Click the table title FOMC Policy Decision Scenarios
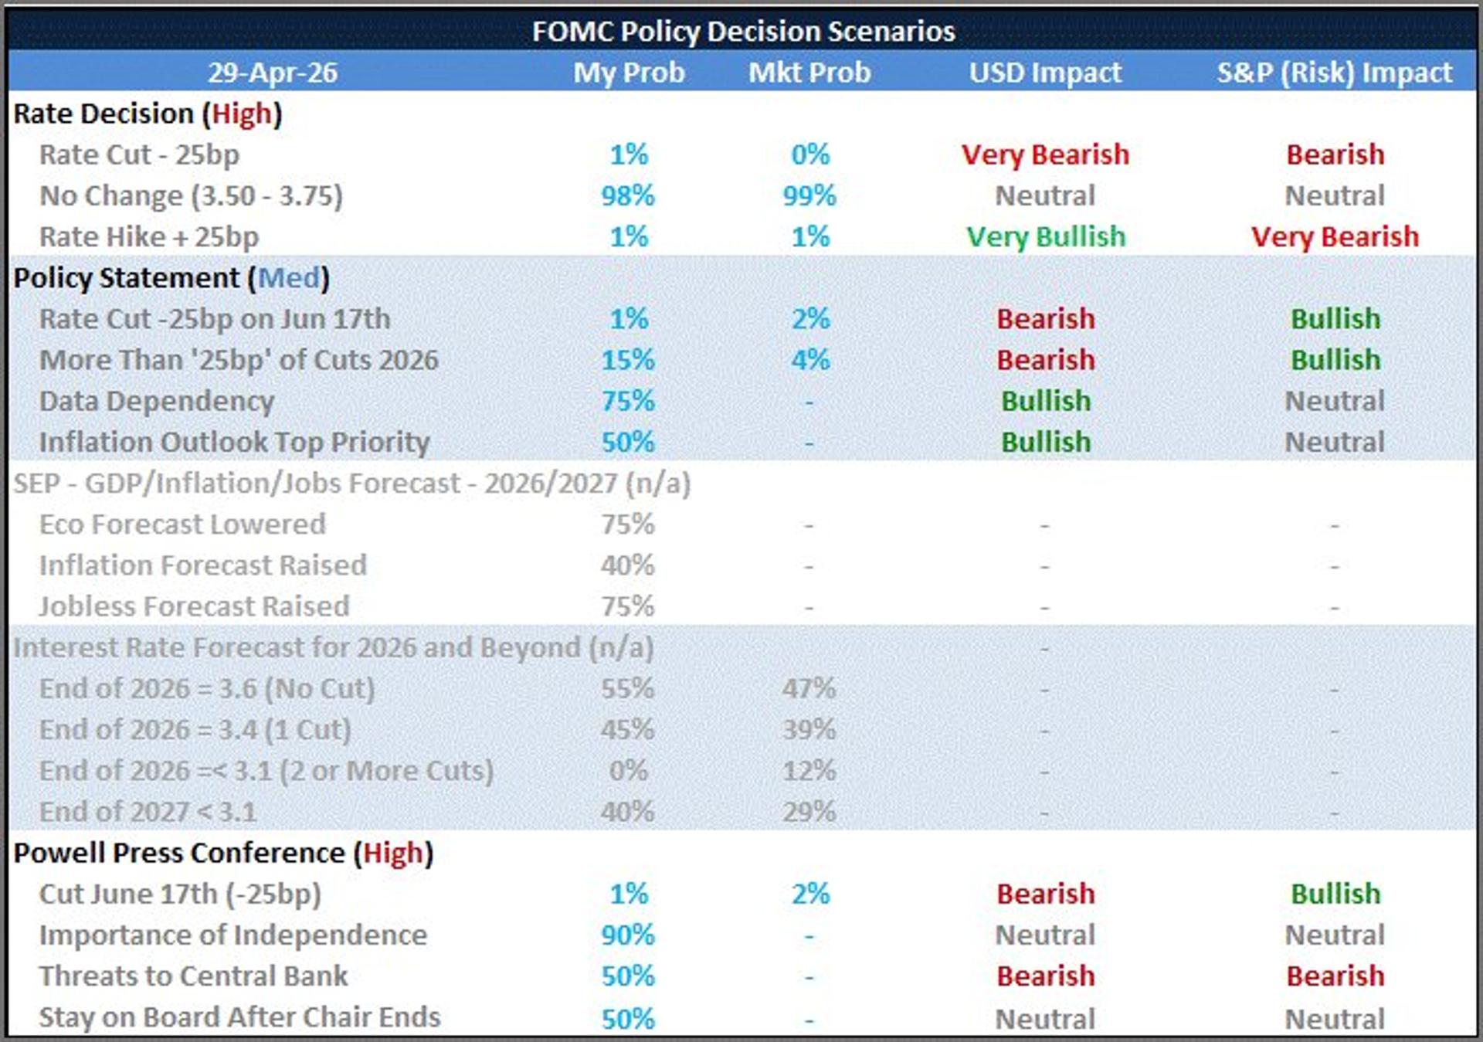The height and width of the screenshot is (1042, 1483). pyautogui.click(x=743, y=31)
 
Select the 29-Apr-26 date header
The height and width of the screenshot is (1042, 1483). pyautogui.click(x=272, y=73)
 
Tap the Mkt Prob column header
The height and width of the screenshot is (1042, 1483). pyautogui.click(x=809, y=73)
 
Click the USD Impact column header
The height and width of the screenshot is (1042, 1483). pyautogui.click(x=1045, y=73)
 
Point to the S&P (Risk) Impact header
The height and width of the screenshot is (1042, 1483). pyautogui.click(x=1334, y=73)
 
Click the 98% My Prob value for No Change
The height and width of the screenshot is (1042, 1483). pyautogui.click(x=628, y=195)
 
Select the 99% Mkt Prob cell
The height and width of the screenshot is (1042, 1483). pyautogui.click(x=809, y=195)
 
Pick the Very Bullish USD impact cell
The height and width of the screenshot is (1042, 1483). pyautogui.click(x=1045, y=236)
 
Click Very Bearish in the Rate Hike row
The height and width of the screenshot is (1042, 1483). pyautogui.click(x=1334, y=236)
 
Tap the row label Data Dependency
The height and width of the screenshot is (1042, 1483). pyautogui.click(x=157, y=401)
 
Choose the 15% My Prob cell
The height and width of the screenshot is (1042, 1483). pyautogui.click(x=628, y=360)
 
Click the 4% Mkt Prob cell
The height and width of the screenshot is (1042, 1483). pyautogui.click(x=809, y=360)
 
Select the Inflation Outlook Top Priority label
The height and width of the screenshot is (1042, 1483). pyautogui.click(x=234, y=442)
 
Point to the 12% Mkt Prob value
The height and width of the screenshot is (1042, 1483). pyautogui.click(x=809, y=771)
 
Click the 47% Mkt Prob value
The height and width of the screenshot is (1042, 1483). pyautogui.click(x=809, y=688)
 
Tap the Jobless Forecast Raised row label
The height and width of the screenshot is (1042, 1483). pyautogui.click(x=194, y=606)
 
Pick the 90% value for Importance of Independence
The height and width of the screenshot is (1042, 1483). pyautogui.click(x=628, y=935)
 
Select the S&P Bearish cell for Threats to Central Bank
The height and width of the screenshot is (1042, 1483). pyautogui.click(x=1334, y=976)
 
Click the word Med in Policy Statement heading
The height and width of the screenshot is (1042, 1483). pyautogui.click(x=288, y=278)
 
